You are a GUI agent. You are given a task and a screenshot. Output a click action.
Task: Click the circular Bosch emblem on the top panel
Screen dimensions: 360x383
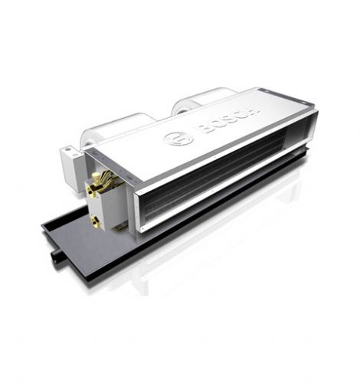click(x=178, y=138)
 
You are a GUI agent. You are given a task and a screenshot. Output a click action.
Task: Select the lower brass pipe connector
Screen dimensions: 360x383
click(x=97, y=221)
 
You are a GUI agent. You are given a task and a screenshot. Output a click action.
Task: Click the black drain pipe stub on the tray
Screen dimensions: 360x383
click(x=57, y=255)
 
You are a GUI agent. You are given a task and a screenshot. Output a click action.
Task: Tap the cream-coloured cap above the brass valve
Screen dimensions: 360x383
click(x=96, y=176)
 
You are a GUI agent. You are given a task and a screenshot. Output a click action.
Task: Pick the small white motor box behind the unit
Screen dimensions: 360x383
click(x=70, y=167)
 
